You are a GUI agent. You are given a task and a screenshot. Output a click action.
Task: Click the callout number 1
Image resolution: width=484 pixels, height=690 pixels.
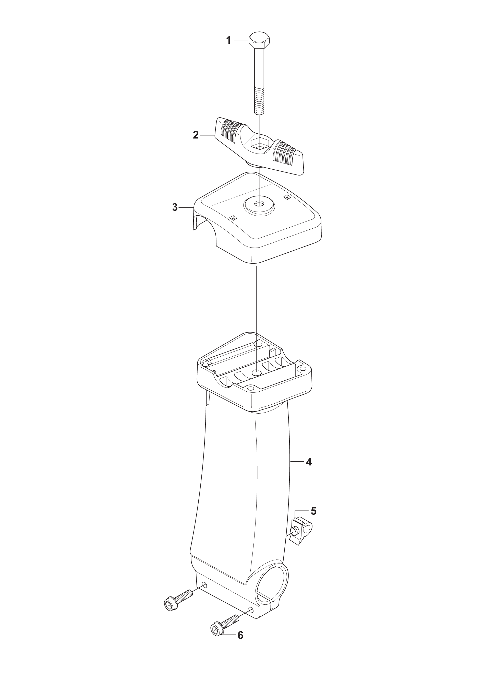click(228, 40)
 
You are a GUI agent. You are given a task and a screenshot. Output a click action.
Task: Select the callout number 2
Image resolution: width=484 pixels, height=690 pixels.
click(196, 135)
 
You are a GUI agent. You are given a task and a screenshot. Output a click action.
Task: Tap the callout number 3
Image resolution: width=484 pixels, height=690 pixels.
click(175, 207)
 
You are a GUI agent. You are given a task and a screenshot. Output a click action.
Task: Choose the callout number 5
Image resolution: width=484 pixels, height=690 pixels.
click(313, 511)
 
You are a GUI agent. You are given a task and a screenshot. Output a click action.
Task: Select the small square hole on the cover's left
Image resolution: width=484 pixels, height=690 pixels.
click(233, 218)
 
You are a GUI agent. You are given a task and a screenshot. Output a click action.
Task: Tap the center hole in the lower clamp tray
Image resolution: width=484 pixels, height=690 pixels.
click(256, 372)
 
